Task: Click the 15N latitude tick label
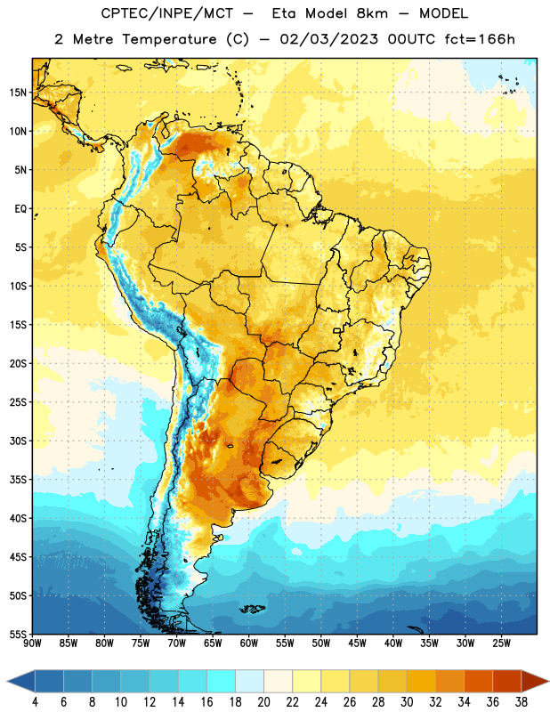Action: tap(18, 93)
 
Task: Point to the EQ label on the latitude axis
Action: tap(20, 209)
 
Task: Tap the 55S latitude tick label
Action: tap(18, 634)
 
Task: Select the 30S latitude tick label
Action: tap(18, 441)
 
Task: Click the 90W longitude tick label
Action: tap(32, 643)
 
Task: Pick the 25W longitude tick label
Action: tap(501, 643)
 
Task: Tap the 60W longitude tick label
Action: tap(249, 643)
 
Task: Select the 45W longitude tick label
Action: tap(358, 643)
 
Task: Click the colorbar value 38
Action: tap(522, 702)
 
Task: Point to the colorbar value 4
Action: tap(35, 702)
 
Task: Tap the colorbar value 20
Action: tap(263, 702)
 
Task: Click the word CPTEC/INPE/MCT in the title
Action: tap(167, 13)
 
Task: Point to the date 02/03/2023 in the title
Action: tap(328, 39)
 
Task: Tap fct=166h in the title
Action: tap(480, 39)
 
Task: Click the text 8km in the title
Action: tap(372, 13)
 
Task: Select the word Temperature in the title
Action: tap(169, 40)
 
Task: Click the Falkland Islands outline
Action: tap(252, 609)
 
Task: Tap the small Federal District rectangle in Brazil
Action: tap(337, 330)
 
